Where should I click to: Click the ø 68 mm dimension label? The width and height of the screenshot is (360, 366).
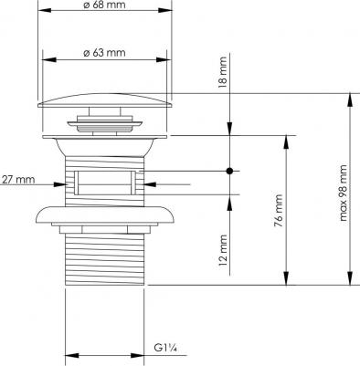104,5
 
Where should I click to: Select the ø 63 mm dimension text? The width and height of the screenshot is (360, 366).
104,53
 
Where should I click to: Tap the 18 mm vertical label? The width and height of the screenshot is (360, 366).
223,72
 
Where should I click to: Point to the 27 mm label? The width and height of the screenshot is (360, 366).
17,180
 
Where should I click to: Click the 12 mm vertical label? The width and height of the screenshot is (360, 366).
223,250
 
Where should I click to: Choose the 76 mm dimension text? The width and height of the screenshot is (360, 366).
279,211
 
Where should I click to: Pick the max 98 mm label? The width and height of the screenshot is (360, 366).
344,193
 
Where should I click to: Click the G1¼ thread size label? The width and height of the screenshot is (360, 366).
165,347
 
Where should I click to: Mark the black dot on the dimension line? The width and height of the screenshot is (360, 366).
229,171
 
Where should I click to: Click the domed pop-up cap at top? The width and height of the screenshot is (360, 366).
105,100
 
